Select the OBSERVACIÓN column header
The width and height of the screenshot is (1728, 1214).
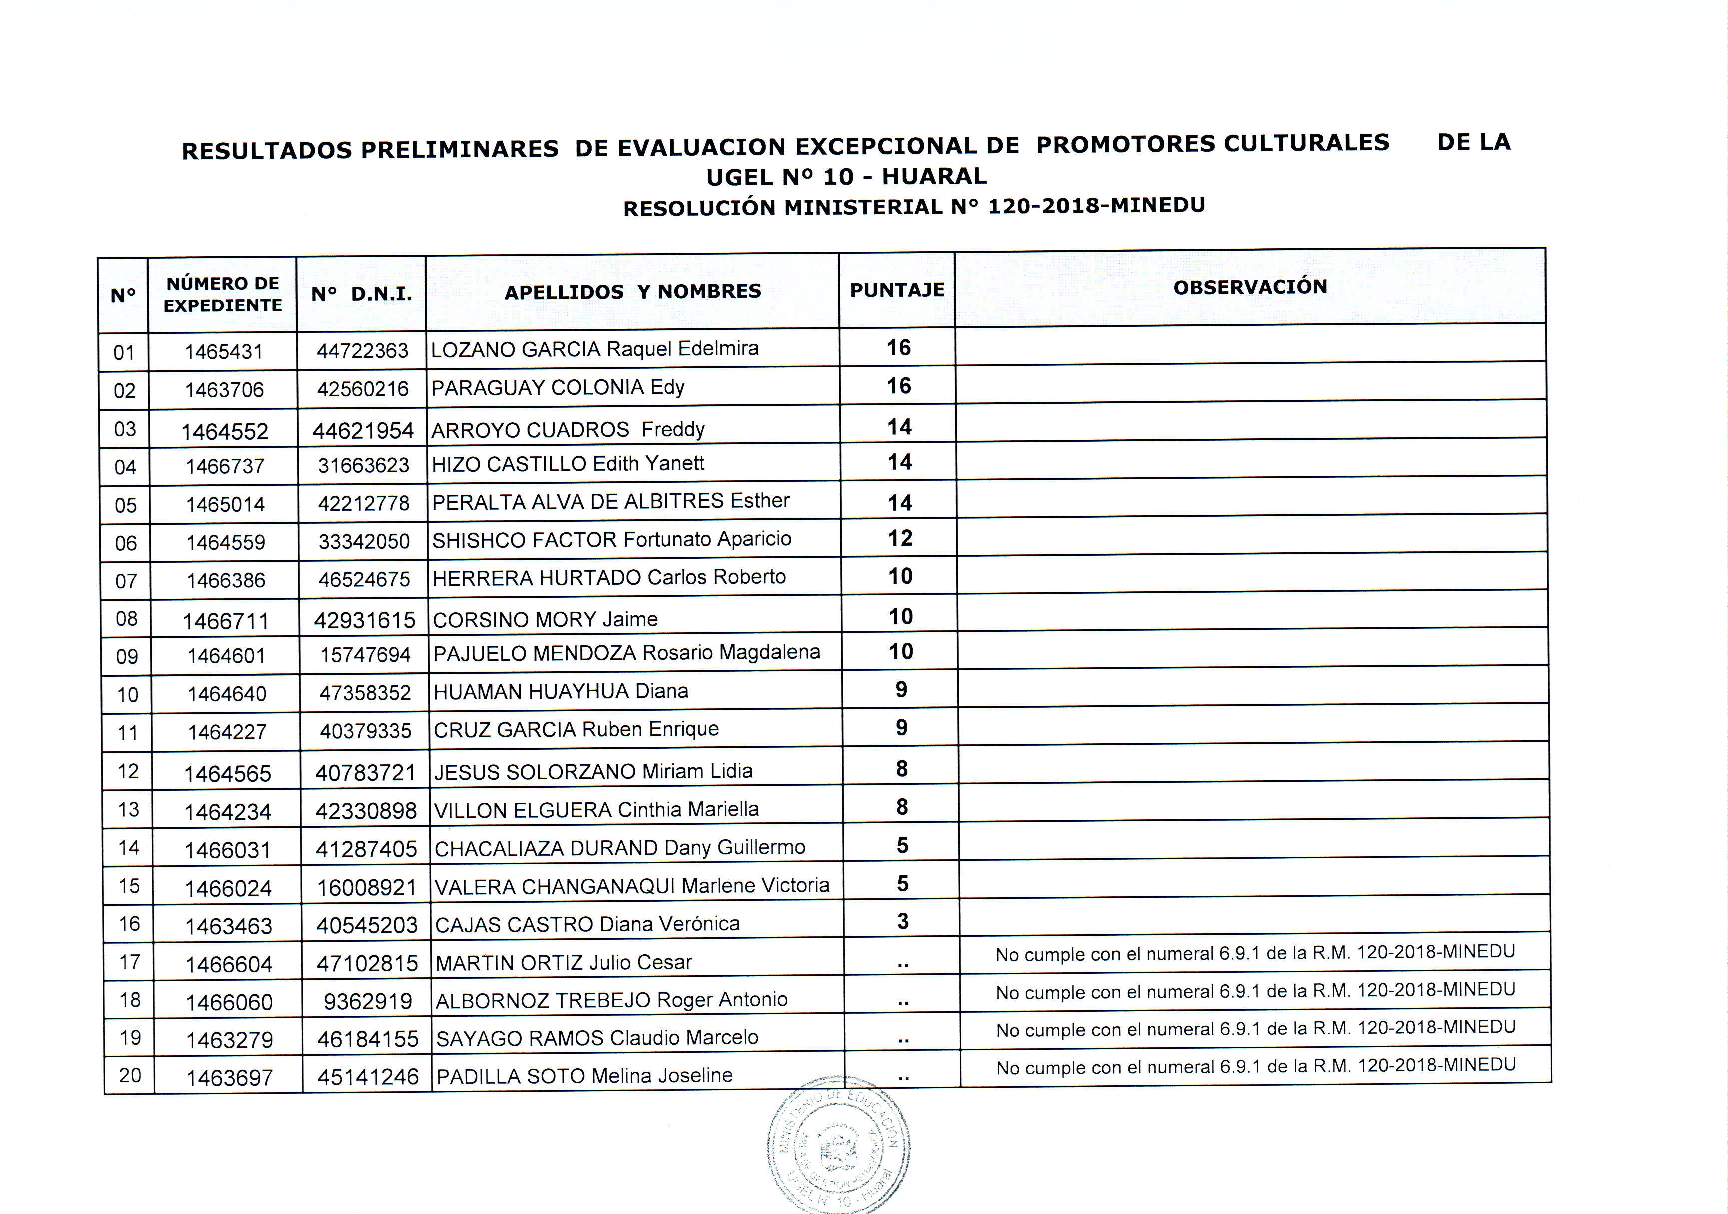(1250, 287)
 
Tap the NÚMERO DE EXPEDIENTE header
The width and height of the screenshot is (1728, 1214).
(223, 294)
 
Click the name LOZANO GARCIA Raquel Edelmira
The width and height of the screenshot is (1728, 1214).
(594, 349)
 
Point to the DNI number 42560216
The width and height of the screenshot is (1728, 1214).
(362, 389)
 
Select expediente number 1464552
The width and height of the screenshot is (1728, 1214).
(224, 431)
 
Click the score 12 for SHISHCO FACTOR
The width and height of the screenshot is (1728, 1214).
(900, 538)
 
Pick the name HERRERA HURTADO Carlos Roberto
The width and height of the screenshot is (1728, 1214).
(609, 578)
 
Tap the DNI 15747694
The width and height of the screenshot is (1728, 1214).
(365, 655)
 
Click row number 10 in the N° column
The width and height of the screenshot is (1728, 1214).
(127, 694)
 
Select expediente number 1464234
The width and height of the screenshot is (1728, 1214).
(227, 812)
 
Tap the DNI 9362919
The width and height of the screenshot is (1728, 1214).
(367, 1002)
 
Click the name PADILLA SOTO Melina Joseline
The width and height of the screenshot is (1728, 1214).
(584, 1076)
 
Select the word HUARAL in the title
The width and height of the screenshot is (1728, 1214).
(934, 176)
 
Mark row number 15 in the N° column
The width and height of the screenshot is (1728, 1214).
(129, 886)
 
